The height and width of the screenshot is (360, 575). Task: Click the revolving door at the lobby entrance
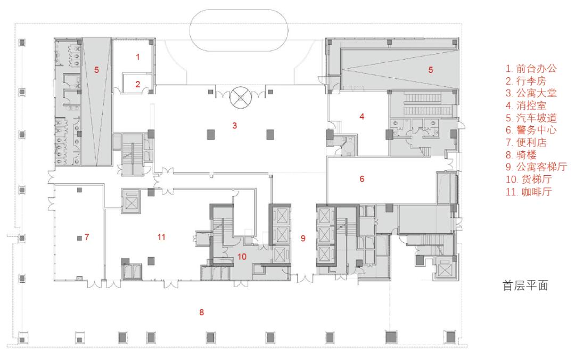click(x=240, y=97)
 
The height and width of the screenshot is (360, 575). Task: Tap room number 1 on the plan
click(x=138, y=57)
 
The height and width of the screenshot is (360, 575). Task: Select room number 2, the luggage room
click(x=137, y=84)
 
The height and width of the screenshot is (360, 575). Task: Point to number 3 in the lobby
click(x=235, y=126)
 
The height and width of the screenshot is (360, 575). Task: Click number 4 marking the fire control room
click(x=362, y=116)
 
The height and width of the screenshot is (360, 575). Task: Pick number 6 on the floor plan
click(x=362, y=179)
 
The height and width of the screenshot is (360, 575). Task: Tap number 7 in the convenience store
click(x=87, y=236)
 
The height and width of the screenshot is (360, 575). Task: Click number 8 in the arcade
click(x=201, y=312)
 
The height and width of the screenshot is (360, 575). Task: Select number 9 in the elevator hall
click(x=303, y=238)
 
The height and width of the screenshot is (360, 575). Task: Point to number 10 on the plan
click(x=242, y=257)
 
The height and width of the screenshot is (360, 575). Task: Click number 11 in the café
click(x=161, y=236)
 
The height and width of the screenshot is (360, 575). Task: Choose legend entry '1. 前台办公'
click(x=531, y=68)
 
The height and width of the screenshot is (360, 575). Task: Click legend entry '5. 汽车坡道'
click(x=531, y=118)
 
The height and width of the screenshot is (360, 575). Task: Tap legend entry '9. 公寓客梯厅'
click(x=536, y=167)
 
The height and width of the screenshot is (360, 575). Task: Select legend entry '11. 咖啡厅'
click(x=529, y=192)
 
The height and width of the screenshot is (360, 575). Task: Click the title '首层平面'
click(x=525, y=285)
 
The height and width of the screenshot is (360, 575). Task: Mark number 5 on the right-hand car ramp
click(x=431, y=69)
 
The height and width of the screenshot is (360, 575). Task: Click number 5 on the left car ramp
click(x=96, y=69)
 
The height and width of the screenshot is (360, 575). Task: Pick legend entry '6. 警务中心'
click(x=531, y=130)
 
